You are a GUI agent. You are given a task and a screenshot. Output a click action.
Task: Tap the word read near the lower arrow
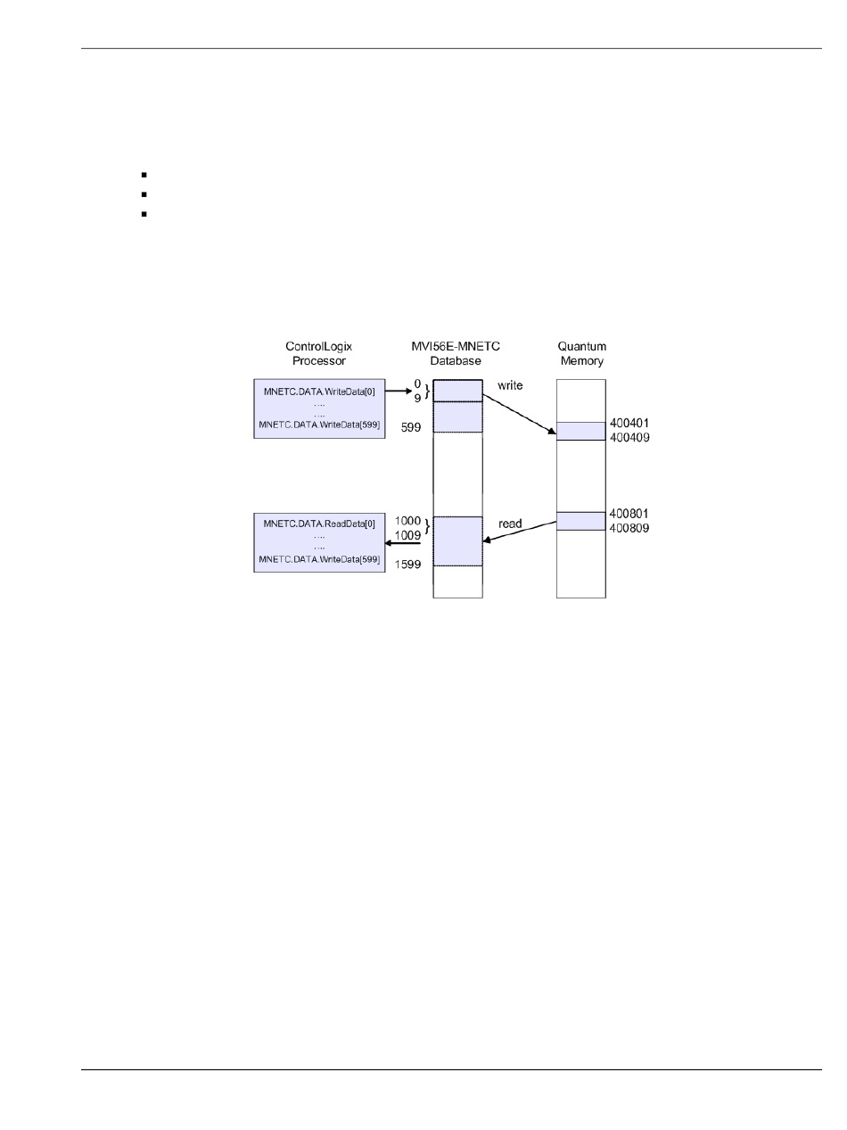(x=510, y=524)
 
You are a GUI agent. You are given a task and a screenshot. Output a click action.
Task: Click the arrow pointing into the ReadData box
(x=403, y=542)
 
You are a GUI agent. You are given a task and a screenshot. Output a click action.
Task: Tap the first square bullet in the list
(x=143, y=175)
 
